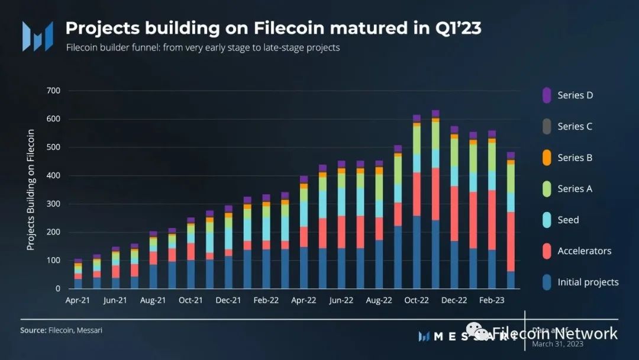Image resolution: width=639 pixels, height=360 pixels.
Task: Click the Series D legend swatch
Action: coord(547,95)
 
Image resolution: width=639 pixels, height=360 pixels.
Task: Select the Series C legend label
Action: coord(575,127)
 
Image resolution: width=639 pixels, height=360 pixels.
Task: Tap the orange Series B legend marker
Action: coord(547,157)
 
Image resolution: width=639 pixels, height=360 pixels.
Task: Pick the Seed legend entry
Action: coord(568,220)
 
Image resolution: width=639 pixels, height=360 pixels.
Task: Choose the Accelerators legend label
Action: coord(584,251)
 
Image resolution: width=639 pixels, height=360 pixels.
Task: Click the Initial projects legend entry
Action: coord(588,282)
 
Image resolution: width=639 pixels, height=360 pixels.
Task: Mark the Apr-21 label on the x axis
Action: coord(78,301)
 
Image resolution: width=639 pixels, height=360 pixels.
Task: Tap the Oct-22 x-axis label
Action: coord(417,301)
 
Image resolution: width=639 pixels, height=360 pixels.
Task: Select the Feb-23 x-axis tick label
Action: coord(492,301)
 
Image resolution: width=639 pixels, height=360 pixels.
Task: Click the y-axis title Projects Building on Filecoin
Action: coord(31,189)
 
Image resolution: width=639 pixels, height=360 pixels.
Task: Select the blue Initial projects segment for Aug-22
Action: coord(379,264)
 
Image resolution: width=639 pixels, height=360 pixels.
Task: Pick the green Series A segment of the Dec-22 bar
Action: coord(454,152)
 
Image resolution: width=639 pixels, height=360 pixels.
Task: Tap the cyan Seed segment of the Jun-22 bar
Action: coord(341,202)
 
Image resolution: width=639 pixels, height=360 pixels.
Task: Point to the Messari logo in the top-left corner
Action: coord(37,36)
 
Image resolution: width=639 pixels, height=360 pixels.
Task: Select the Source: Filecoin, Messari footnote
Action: coord(61,330)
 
